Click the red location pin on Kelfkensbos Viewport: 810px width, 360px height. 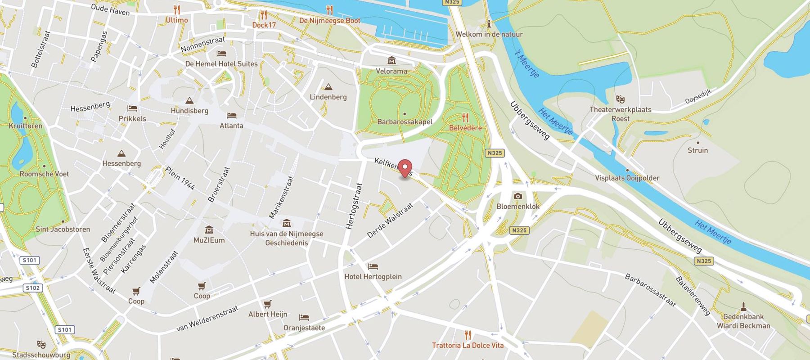405,169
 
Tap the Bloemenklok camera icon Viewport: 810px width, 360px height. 518,196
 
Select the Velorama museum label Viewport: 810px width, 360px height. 391,71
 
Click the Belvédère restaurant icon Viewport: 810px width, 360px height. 465,118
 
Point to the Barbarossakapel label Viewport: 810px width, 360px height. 405,121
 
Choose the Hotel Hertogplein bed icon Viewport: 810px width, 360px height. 373,267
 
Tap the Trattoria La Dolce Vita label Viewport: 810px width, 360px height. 468,345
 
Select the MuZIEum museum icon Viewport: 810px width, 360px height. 209,230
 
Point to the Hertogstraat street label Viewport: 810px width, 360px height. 354,206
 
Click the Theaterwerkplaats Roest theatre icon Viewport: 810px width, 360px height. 621,99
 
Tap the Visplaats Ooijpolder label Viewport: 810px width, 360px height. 627,178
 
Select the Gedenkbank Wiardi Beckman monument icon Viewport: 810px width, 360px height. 743,307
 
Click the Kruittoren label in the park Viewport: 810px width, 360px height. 25,126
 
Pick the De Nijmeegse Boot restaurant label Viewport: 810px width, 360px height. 329,21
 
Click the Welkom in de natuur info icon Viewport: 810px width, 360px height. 489,24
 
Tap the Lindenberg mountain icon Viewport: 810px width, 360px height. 328,87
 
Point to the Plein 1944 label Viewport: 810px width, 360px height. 180,178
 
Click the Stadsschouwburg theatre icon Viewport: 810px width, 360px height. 41,345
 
